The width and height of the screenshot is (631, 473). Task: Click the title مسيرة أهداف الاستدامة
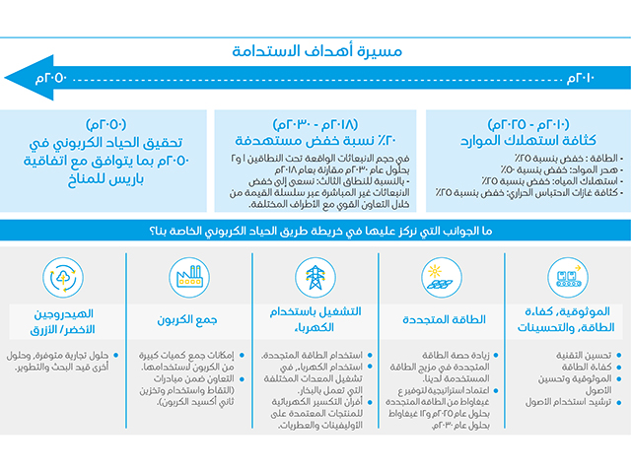(x=316, y=51)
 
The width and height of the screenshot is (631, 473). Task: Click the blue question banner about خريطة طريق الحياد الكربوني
(x=315, y=231)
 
